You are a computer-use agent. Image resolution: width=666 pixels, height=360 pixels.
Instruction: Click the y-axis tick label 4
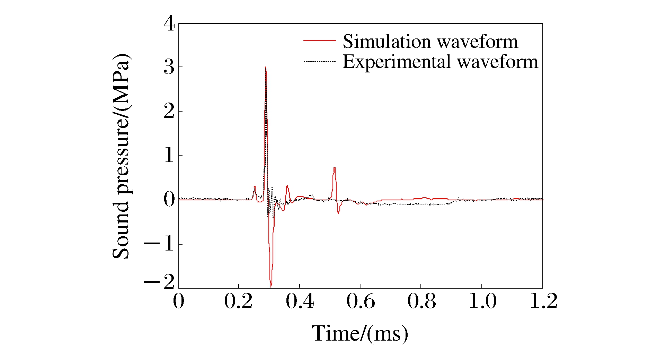point(169,24)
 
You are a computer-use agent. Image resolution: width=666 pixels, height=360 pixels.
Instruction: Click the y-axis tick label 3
point(169,67)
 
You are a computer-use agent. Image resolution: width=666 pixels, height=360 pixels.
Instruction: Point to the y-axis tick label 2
point(169,112)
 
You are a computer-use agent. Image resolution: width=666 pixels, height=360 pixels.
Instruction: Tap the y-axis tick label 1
point(169,155)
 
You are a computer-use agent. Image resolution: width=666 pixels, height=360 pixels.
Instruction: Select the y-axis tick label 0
point(169,200)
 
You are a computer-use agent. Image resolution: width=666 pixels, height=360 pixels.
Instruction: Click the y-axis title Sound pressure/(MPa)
point(121,156)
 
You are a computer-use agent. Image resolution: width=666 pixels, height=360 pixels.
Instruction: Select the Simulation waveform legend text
point(430,42)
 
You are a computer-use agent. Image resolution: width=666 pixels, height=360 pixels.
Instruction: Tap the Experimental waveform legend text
point(440,62)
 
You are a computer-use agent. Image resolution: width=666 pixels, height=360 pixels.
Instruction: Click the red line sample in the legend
point(320,41)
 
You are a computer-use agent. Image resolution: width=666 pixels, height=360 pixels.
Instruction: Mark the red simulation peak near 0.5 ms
point(334,168)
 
